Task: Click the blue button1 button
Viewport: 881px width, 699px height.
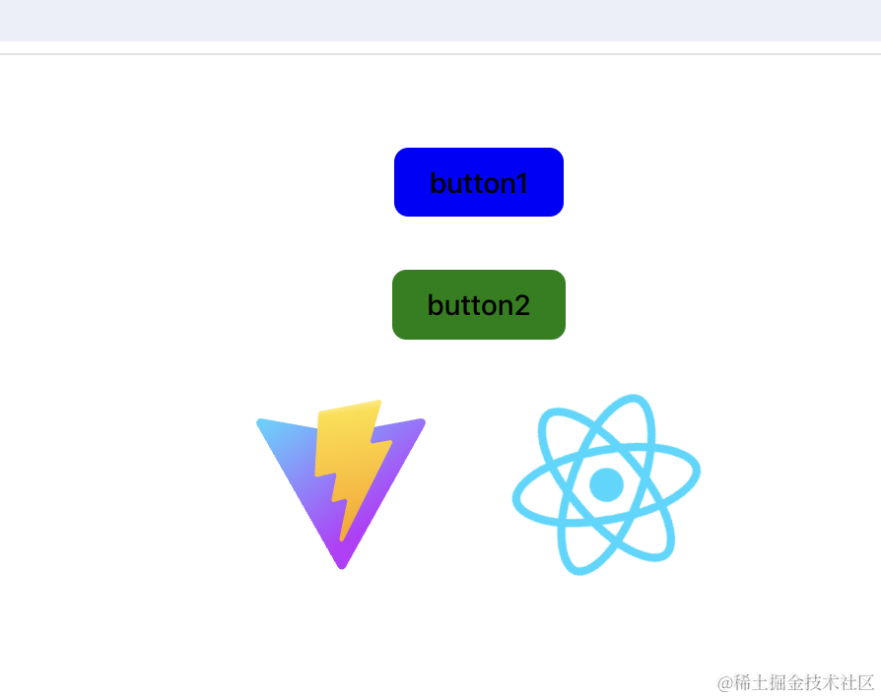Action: click(x=479, y=182)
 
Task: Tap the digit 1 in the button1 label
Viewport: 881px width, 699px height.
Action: click(x=520, y=183)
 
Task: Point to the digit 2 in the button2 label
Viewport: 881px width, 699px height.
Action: click(x=520, y=305)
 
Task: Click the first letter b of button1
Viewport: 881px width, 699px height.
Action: click(x=438, y=182)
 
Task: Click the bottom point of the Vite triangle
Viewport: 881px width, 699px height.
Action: click(x=342, y=568)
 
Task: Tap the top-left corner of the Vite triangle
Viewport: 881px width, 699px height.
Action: click(x=258, y=420)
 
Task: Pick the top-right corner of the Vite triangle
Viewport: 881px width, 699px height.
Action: click(x=424, y=420)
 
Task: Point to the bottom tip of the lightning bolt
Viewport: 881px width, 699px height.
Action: click(x=341, y=540)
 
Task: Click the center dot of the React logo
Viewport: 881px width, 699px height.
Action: click(x=606, y=484)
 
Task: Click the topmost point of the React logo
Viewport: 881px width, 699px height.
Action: click(x=634, y=395)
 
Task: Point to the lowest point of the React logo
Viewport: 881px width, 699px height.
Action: click(x=578, y=574)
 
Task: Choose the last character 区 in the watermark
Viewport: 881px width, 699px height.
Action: click(x=865, y=682)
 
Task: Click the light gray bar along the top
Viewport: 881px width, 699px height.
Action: click(x=440, y=21)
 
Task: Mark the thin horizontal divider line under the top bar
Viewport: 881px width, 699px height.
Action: click(x=440, y=54)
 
